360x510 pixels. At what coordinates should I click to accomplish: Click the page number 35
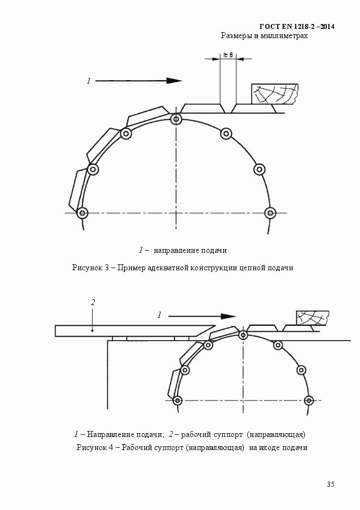(331, 484)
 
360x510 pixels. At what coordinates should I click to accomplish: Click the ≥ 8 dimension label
(228, 55)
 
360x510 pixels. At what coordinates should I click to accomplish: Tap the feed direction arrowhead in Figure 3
(174, 81)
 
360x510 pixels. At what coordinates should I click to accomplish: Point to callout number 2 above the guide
(93, 302)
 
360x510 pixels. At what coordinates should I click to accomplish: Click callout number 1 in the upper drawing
(88, 81)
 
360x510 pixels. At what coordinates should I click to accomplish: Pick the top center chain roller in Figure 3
(176, 119)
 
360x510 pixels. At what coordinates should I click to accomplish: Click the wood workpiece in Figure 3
(275, 94)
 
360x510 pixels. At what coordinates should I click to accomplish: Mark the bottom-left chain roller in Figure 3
(82, 213)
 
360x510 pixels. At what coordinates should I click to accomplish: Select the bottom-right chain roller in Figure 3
(270, 213)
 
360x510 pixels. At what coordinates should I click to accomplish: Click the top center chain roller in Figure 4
(243, 335)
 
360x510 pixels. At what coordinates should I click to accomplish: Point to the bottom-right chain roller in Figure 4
(308, 400)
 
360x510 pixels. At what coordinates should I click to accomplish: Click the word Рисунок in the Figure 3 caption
(87, 268)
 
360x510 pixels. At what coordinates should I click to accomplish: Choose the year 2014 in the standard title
(327, 27)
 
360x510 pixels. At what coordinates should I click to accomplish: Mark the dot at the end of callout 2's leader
(93, 331)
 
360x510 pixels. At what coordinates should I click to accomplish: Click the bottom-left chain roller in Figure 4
(177, 400)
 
